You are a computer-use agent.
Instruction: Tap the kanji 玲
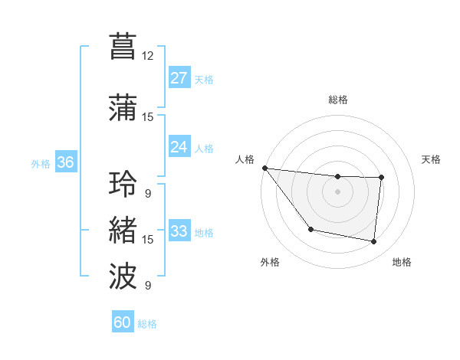[123, 185]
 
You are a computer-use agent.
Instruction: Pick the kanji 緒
[123, 229]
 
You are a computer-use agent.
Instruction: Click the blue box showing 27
[179, 78]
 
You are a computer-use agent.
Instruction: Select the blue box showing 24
[179, 147]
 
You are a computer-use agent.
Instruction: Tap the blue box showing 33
[179, 231]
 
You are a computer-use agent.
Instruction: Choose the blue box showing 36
[66, 162]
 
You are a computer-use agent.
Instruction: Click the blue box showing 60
[123, 322]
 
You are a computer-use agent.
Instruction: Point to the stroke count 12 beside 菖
[148, 55]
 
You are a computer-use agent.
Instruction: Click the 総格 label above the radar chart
[337, 100]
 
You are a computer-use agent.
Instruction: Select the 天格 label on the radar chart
[432, 159]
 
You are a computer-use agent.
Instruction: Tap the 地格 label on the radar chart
[402, 262]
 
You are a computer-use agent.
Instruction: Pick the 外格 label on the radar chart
[270, 262]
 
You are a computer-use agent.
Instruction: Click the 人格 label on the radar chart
[245, 159]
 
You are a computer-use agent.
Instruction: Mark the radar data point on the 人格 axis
[264, 168]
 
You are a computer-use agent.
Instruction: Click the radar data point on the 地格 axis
[374, 242]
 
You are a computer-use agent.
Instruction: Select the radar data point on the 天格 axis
[381, 178]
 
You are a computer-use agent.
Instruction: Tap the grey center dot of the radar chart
[337, 191]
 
